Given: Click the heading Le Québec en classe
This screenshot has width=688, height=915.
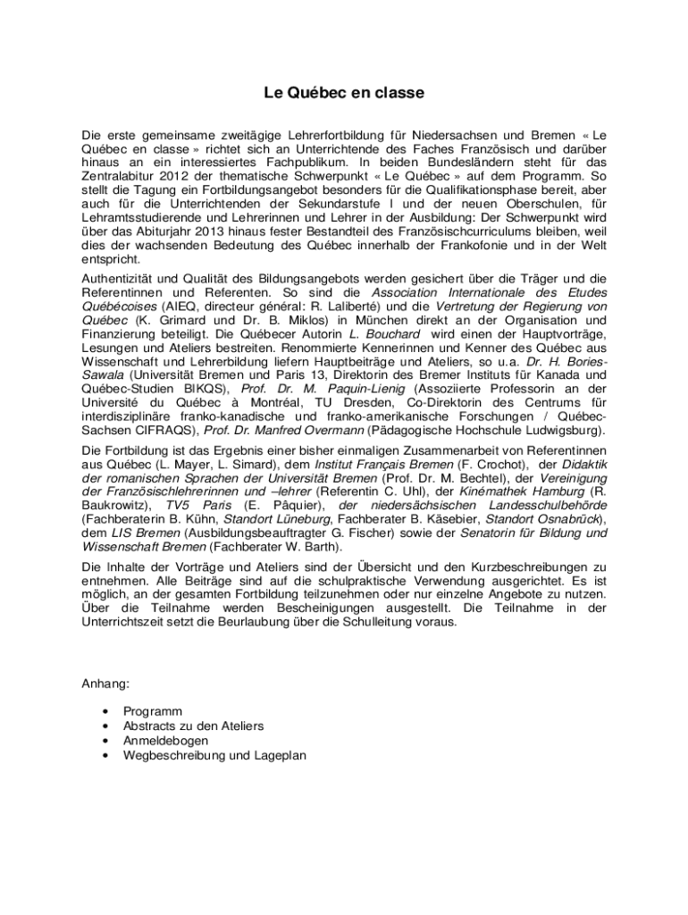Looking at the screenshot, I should click(343, 92).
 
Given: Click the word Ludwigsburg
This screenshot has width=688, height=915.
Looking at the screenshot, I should click(559, 430).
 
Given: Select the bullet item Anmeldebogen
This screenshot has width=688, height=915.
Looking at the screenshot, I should click(166, 741).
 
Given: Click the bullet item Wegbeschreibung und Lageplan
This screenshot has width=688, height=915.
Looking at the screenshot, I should click(214, 755).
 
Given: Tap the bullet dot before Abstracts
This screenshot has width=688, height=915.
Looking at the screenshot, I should click(107, 726).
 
